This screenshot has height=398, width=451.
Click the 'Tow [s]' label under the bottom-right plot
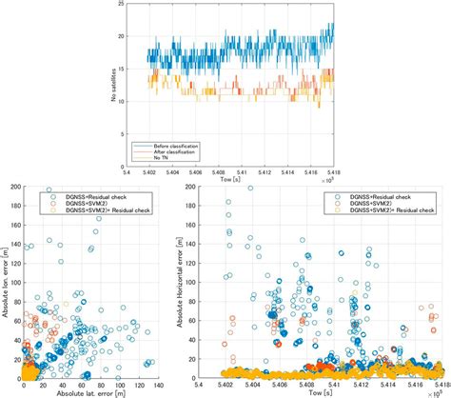click(x=328, y=392)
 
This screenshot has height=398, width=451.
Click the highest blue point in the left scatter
click(x=49, y=190)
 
